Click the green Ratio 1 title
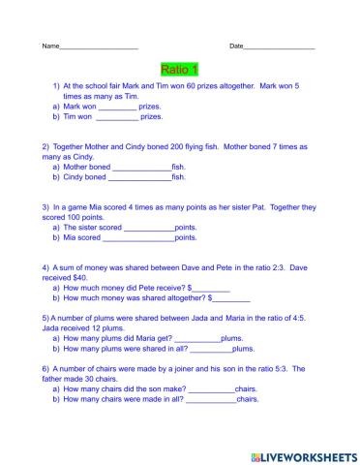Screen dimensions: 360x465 tap(179, 69)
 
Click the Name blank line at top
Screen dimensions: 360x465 tap(99, 46)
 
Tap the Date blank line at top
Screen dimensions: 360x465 tap(280, 46)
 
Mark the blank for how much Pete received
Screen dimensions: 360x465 tap(210, 288)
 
